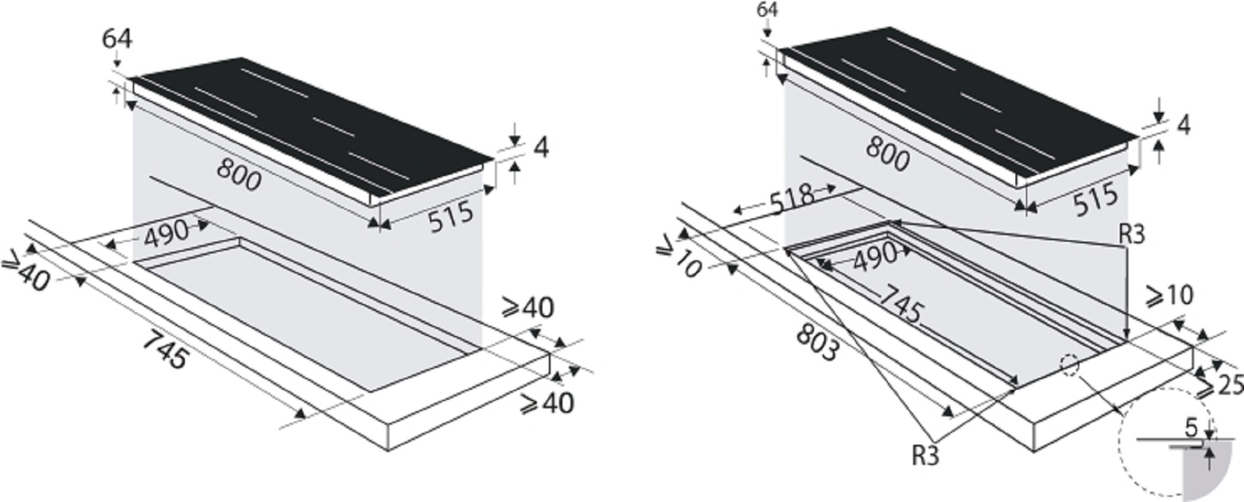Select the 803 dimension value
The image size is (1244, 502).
pyautogui.click(x=817, y=343)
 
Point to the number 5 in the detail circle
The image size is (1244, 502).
pyautogui.click(x=1191, y=427)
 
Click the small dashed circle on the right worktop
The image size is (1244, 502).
pyautogui.click(x=1070, y=365)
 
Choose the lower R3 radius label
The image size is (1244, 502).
pyautogui.click(x=926, y=455)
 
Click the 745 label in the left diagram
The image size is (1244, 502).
pyautogui.click(x=166, y=350)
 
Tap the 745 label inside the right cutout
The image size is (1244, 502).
pyautogui.click(x=900, y=304)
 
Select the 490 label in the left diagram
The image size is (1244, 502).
pyautogui.click(x=166, y=233)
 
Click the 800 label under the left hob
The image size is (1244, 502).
pyautogui.click(x=239, y=175)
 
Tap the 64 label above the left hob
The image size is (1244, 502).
pyautogui.click(x=117, y=40)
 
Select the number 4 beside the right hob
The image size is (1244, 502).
pyautogui.click(x=1183, y=125)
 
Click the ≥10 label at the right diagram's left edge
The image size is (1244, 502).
pyautogui.click(x=679, y=258)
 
